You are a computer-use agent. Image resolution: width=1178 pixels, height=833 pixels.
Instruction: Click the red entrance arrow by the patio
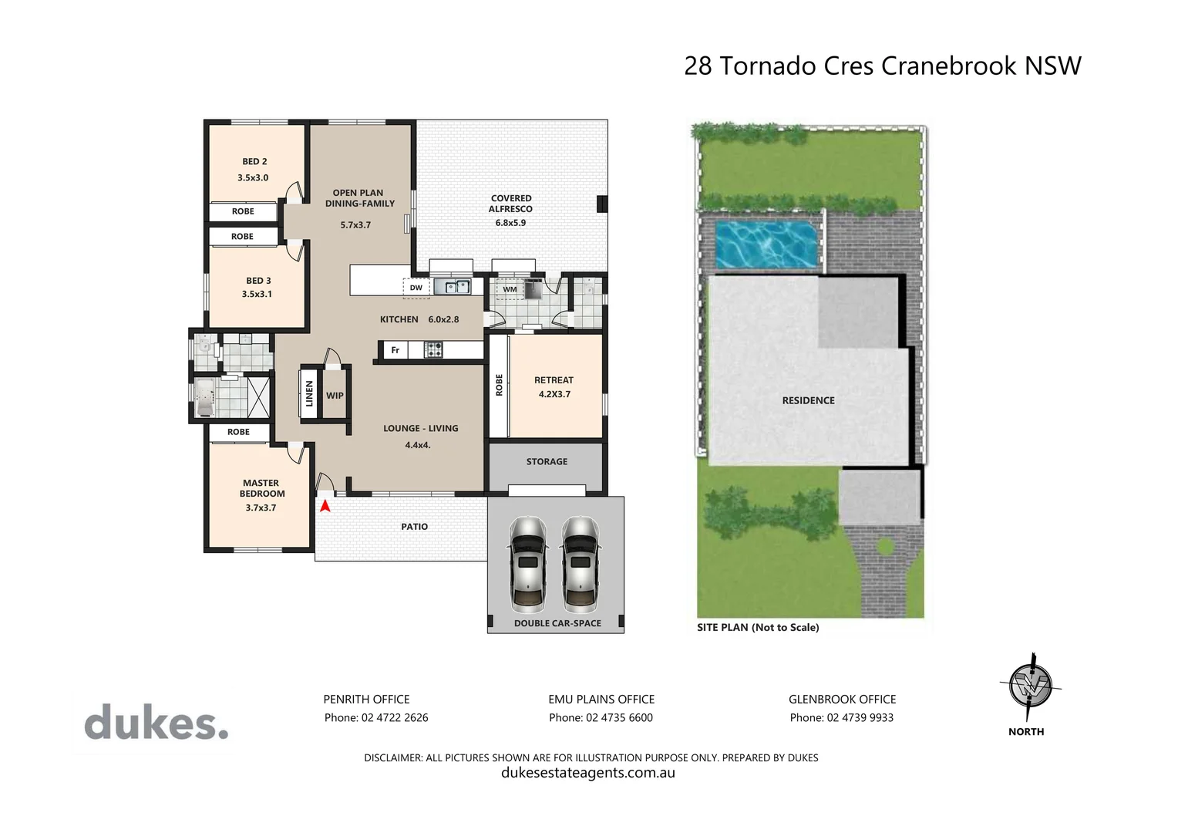pos(325,506)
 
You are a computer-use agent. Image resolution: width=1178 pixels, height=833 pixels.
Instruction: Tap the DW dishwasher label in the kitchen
pos(416,288)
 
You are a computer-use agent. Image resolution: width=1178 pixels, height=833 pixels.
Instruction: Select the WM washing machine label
pos(510,289)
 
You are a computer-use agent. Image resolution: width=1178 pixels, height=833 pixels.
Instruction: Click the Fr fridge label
pos(395,350)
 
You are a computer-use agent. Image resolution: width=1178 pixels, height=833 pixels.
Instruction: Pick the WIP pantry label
pos(335,396)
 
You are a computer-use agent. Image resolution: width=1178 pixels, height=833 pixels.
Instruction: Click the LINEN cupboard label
pos(310,394)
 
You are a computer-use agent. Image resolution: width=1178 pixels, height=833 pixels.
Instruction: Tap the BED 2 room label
pos(254,161)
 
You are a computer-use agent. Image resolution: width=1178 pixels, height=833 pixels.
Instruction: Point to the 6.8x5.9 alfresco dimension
pos(510,223)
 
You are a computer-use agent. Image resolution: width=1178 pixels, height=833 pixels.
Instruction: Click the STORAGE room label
pos(547,461)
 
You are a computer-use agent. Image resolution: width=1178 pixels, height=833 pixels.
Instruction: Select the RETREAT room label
pos(554,380)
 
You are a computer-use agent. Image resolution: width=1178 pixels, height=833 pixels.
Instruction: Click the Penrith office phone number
pos(375,717)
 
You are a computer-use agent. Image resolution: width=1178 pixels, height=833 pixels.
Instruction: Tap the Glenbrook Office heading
pos(842,699)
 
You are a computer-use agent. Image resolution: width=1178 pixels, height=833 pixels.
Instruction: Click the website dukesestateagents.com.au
pos(588,773)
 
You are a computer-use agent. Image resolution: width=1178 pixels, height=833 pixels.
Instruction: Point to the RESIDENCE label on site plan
pos(808,400)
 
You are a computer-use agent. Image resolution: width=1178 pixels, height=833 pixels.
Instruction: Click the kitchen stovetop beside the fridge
pos(433,350)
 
